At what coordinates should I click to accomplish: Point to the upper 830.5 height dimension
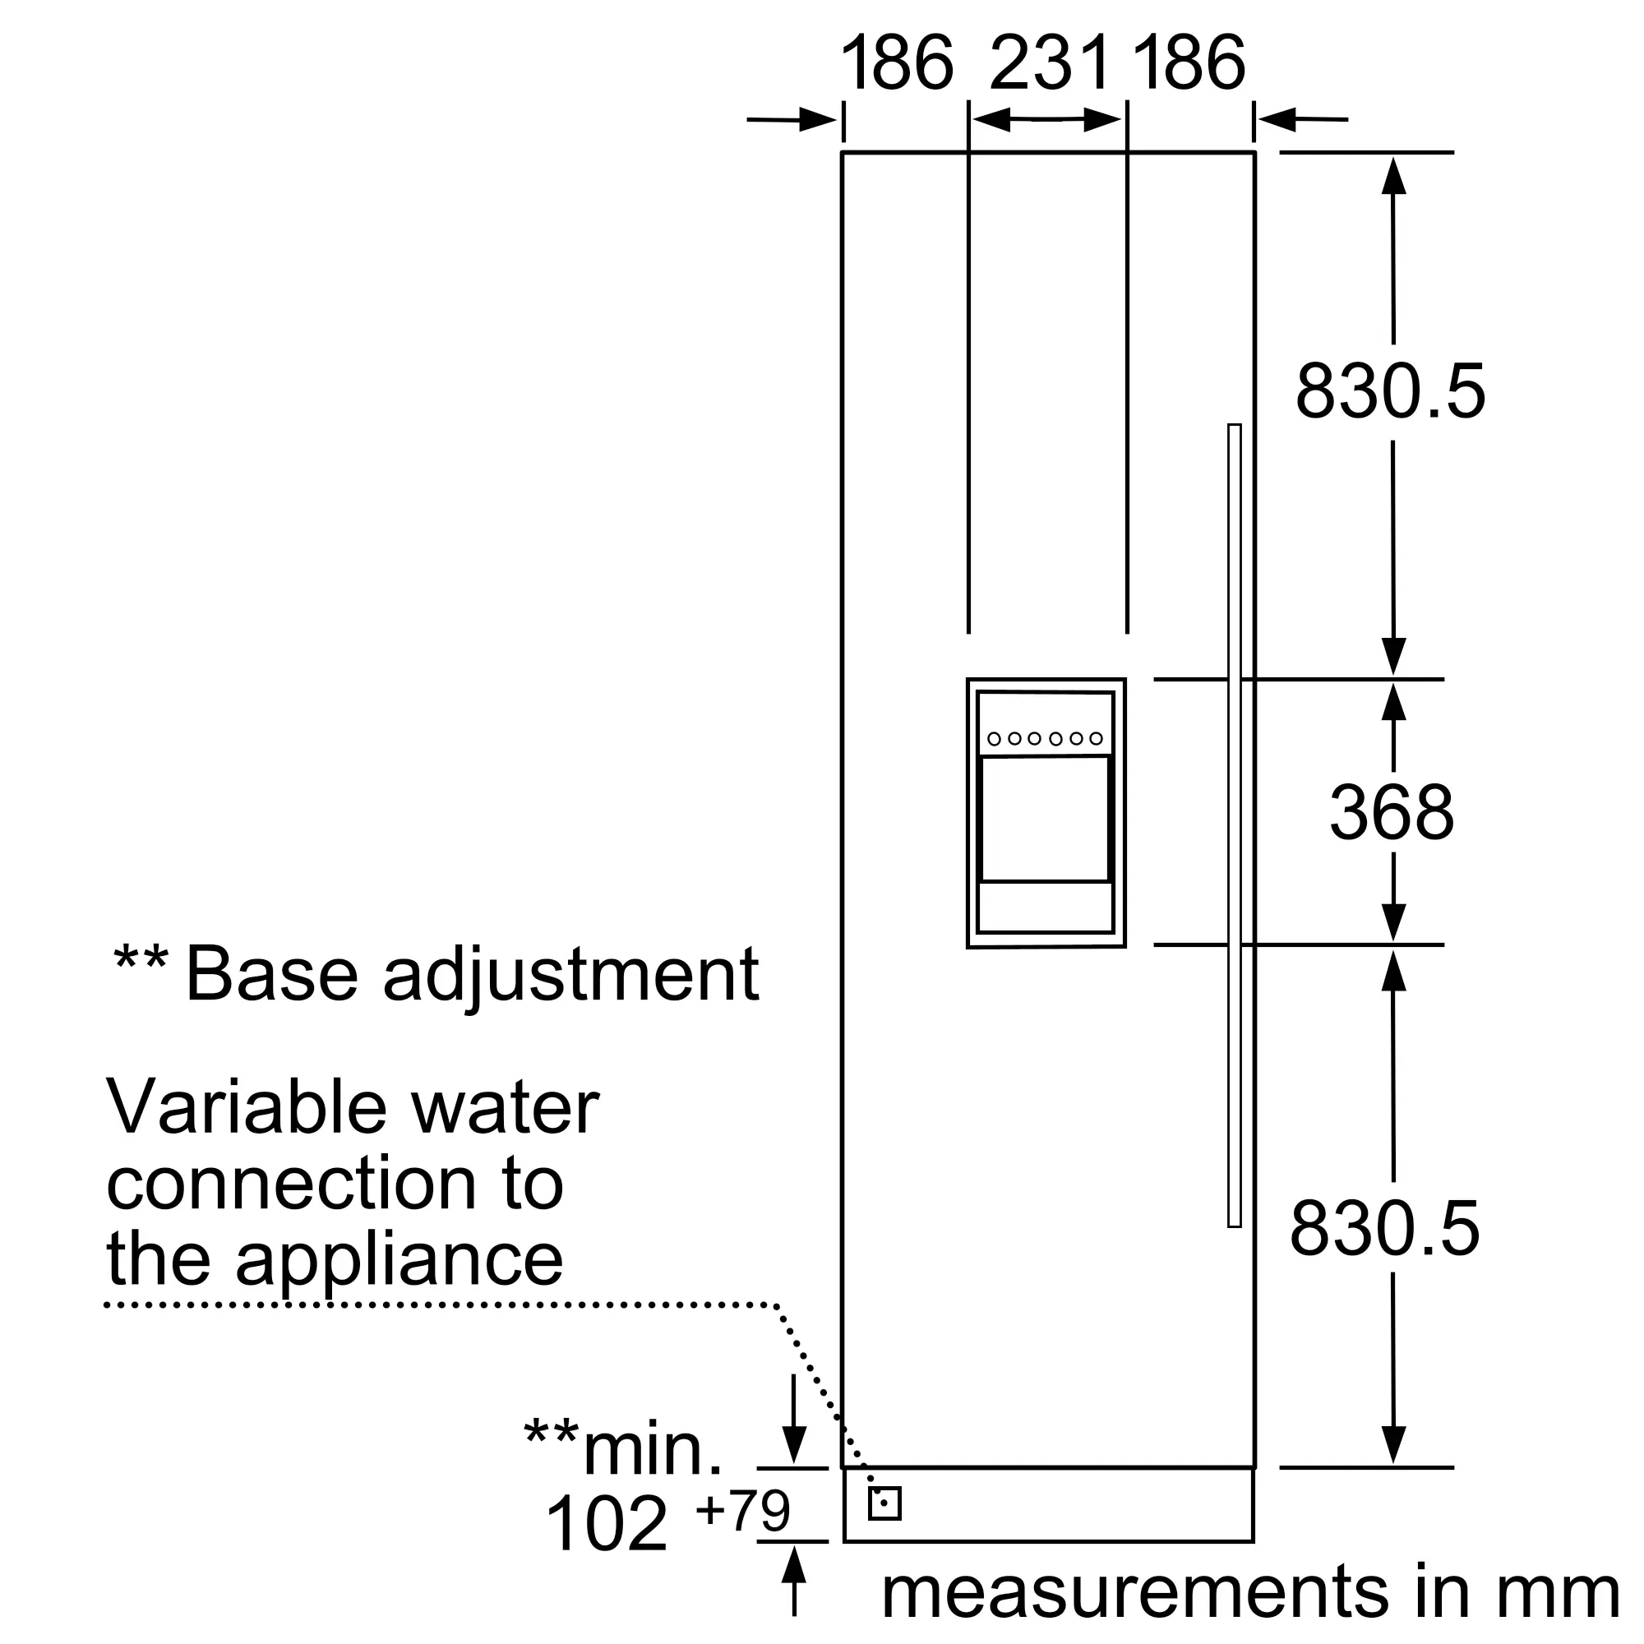(x=1391, y=391)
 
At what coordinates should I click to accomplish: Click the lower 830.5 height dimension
(x=1385, y=1229)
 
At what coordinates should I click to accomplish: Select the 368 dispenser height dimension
(x=1392, y=814)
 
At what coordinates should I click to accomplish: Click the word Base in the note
(x=271, y=974)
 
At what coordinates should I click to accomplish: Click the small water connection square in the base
(x=884, y=1503)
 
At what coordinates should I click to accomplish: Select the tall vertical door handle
(x=1235, y=825)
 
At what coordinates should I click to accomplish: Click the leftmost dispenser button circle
(x=994, y=739)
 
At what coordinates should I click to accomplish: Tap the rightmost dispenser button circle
(x=1096, y=739)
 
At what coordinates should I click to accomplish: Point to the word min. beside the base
(x=653, y=1448)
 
